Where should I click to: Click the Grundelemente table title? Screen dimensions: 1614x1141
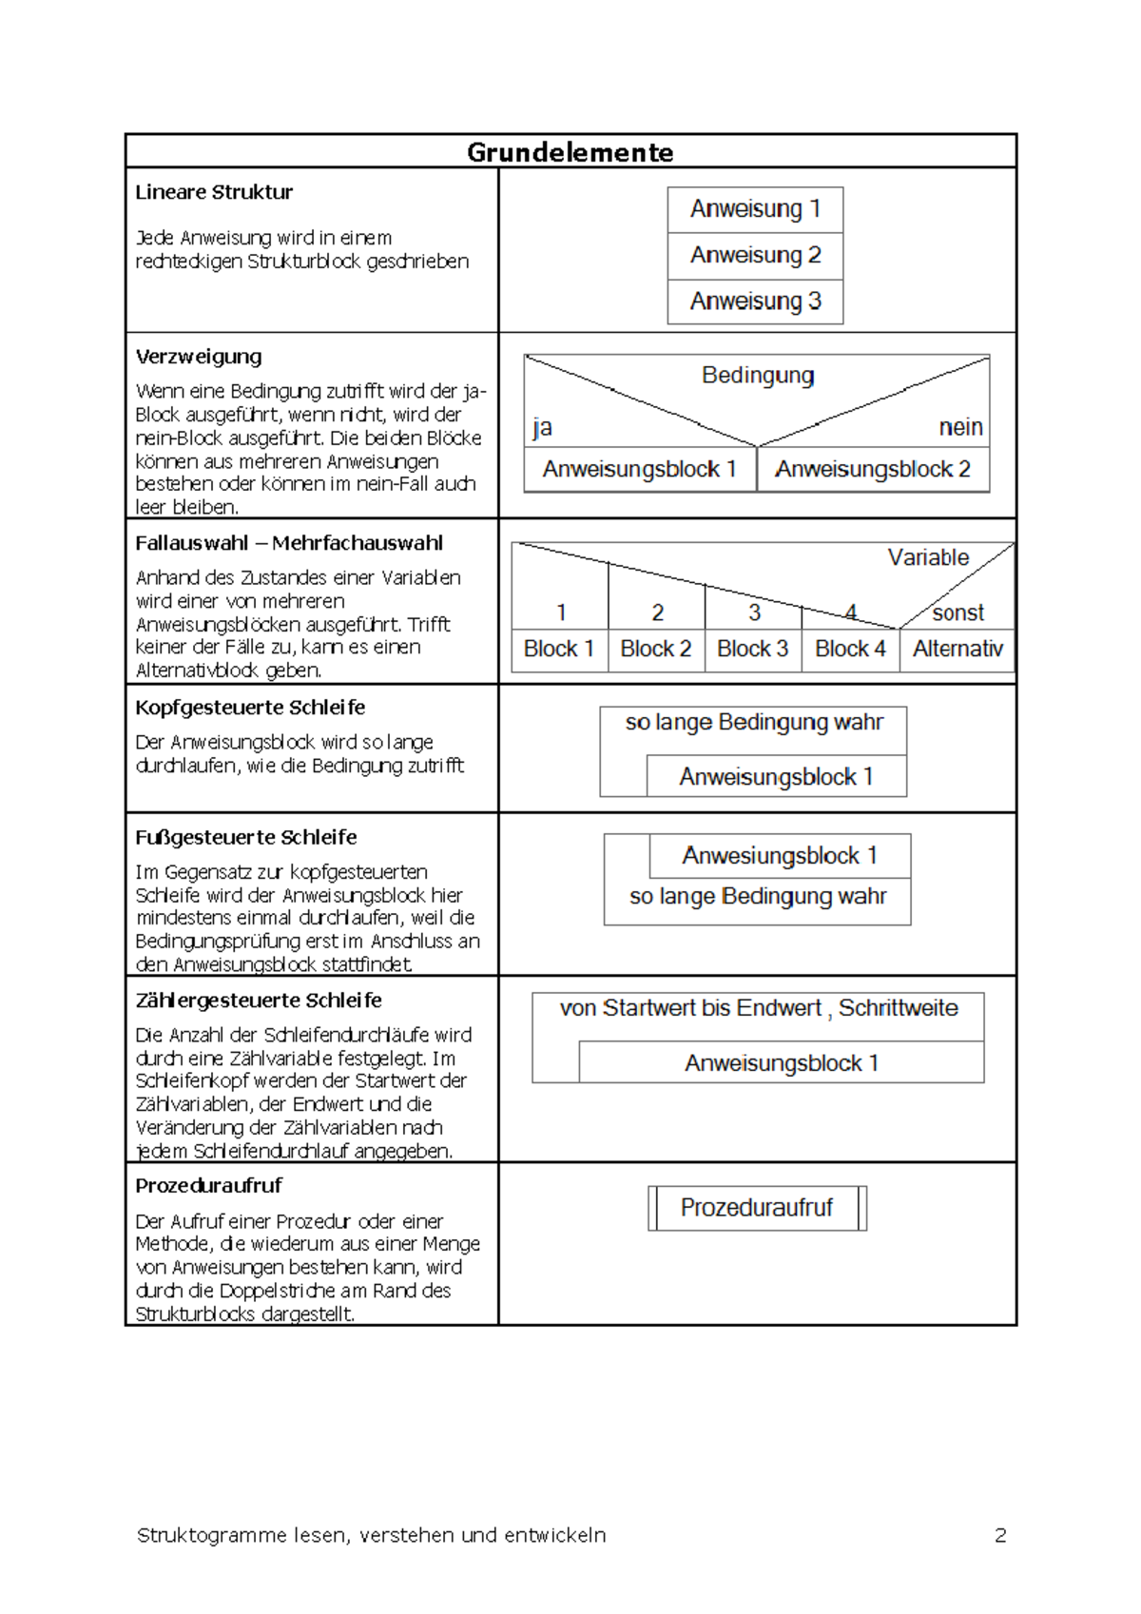point(570,152)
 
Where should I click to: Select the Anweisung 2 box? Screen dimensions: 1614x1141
point(755,256)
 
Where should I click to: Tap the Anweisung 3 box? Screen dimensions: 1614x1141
point(755,301)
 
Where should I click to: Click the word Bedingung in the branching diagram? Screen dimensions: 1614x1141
point(758,376)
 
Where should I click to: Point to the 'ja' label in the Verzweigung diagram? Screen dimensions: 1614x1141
point(542,428)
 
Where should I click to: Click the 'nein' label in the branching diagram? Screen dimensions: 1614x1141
point(960,428)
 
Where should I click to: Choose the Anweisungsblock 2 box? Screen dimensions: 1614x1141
point(872,470)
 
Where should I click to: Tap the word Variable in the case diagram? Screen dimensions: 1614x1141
point(928,558)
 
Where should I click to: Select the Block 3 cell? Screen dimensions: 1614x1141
point(752,650)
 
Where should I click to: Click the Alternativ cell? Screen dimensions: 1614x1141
point(957,650)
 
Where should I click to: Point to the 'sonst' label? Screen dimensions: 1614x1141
point(957,613)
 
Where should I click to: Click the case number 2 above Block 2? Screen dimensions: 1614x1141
point(657,613)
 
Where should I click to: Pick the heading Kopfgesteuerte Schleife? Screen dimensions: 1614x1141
point(250,708)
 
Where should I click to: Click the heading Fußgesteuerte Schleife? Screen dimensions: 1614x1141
point(246,838)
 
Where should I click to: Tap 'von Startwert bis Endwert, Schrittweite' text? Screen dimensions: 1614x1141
point(758,1009)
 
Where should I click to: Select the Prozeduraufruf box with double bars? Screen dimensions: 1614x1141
point(757,1208)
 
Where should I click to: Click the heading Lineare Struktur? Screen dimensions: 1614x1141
point(214,192)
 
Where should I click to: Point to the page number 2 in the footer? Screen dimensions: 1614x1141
point(1000,1535)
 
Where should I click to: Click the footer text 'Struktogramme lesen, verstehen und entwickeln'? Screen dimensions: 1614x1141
point(371,1535)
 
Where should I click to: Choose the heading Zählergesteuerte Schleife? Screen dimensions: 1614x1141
point(259,1001)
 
